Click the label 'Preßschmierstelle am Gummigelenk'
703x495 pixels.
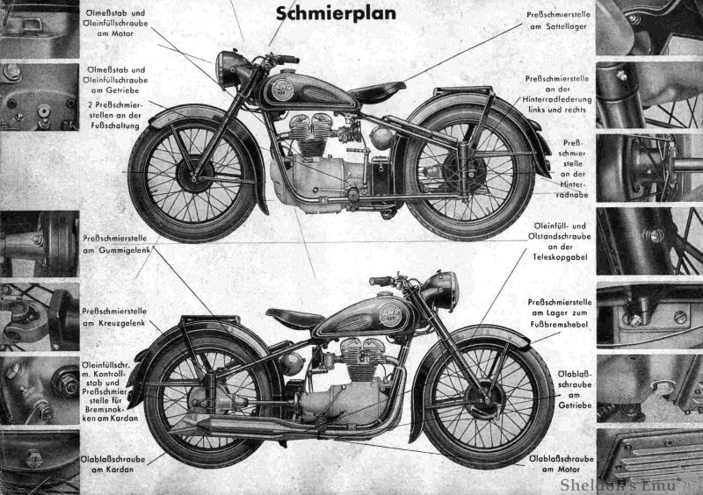pos(115,243)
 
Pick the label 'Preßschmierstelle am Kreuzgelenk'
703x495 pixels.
pos(115,317)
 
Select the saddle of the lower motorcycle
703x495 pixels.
pos(294,318)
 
